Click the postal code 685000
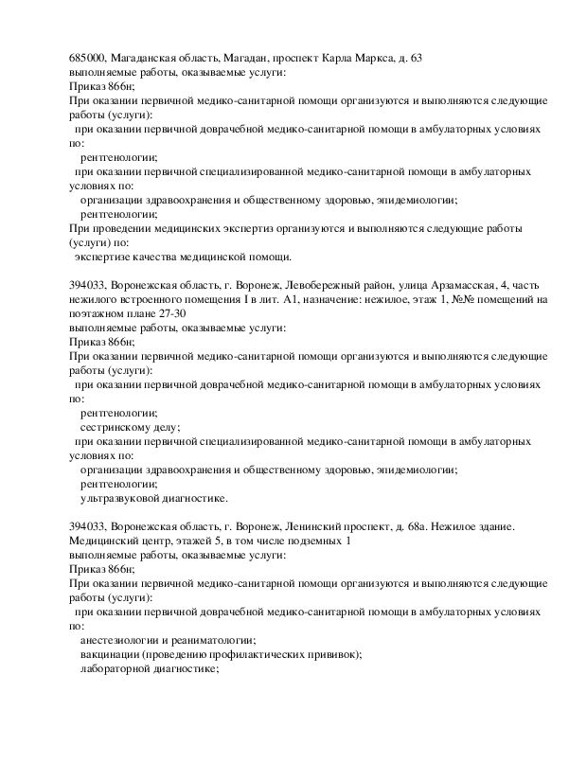point(87,59)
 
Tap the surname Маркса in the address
point(356,59)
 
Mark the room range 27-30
point(172,313)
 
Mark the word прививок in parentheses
point(336,654)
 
